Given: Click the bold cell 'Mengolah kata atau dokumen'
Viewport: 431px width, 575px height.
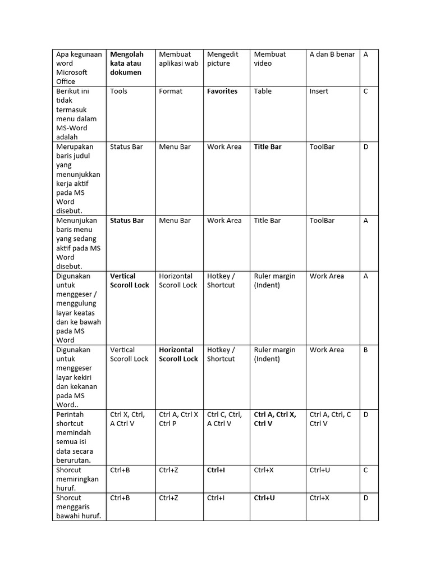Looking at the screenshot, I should click(x=127, y=63).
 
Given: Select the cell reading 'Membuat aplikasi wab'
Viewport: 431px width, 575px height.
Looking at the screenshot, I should click(x=178, y=59).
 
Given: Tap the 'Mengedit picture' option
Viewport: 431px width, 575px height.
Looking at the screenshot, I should click(x=223, y=59).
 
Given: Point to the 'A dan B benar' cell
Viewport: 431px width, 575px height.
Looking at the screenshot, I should click(x=332, y=54).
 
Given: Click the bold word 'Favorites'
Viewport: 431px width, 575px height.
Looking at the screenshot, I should click(x=222, y=91).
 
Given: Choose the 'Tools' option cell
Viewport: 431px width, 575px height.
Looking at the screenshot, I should click(x=119, y=91).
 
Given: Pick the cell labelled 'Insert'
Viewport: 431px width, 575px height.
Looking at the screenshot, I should click(x=319, y=91).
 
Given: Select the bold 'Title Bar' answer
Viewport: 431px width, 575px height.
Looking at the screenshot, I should click(x=268, y=147).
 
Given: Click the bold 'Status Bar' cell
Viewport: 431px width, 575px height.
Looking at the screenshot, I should click(x=127, y=221).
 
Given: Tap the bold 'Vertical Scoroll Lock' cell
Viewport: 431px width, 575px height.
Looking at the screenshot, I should click(x=130, y=281).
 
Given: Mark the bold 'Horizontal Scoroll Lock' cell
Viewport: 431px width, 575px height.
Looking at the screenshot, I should click(x=178, y=354).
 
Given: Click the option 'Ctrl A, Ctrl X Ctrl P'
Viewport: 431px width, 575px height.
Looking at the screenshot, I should click(x=178, y=419).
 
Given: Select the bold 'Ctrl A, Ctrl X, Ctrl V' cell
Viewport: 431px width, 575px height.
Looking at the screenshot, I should click(x=275, y=419).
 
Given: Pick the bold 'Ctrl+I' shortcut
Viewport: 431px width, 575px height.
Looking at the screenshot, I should click(x=216, y=470).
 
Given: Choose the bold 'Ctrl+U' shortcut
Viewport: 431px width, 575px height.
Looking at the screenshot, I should click(x=264, y=498).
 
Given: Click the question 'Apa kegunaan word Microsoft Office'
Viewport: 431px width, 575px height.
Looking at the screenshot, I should click(x=79, y=68).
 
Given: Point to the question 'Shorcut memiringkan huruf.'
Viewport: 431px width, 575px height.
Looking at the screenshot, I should click(x=77, y=479).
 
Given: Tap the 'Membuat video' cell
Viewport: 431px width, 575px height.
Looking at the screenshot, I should click(x=270, y=59).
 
